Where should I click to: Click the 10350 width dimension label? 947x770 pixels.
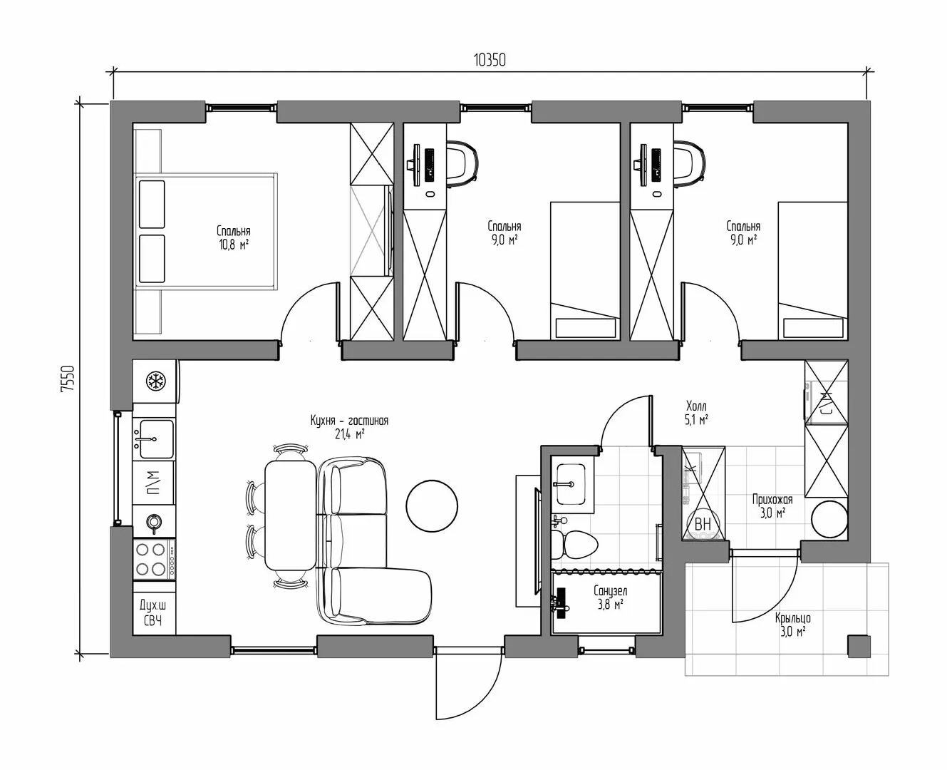[x=490, y=60]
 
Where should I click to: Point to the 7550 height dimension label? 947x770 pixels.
[x=67, y=379]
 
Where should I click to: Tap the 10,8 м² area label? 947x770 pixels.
[x=234, y=245]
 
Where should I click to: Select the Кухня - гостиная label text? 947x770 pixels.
[x=349, y=421]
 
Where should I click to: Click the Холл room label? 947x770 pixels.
[x=696, y=406]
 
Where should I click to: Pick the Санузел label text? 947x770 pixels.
[x=610, y=591]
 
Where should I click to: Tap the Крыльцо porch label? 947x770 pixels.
[x=792, y=618]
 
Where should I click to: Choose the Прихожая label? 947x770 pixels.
[x=772, y=500]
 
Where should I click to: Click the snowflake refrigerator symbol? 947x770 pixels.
[x=155, y=381]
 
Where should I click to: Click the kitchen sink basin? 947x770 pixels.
[x=154, y=438]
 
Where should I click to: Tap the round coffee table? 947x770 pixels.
[x=432, y=505]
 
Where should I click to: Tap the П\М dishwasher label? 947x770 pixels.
[x=154, y=483]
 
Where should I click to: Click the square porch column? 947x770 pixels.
[x=859, y=647]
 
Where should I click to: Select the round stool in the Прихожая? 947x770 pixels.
[x=829, y=519]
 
